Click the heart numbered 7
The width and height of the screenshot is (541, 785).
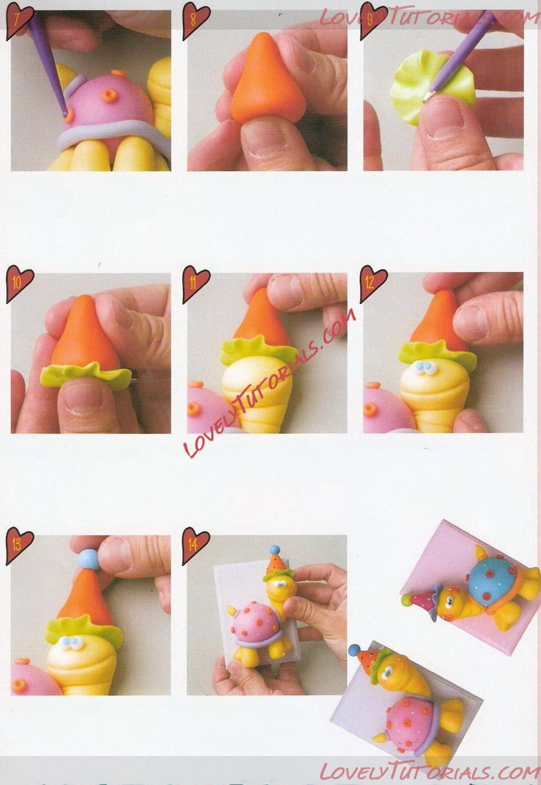(19, 20)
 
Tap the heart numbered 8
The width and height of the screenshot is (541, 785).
(195, 20)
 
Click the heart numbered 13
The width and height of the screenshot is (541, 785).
(19, 546)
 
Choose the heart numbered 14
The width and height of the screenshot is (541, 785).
(195, 545)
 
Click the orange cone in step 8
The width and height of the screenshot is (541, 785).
(266, 77)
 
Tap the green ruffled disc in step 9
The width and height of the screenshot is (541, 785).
(432, 87)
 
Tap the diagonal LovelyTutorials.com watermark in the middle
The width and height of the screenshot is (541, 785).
(270, 382)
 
